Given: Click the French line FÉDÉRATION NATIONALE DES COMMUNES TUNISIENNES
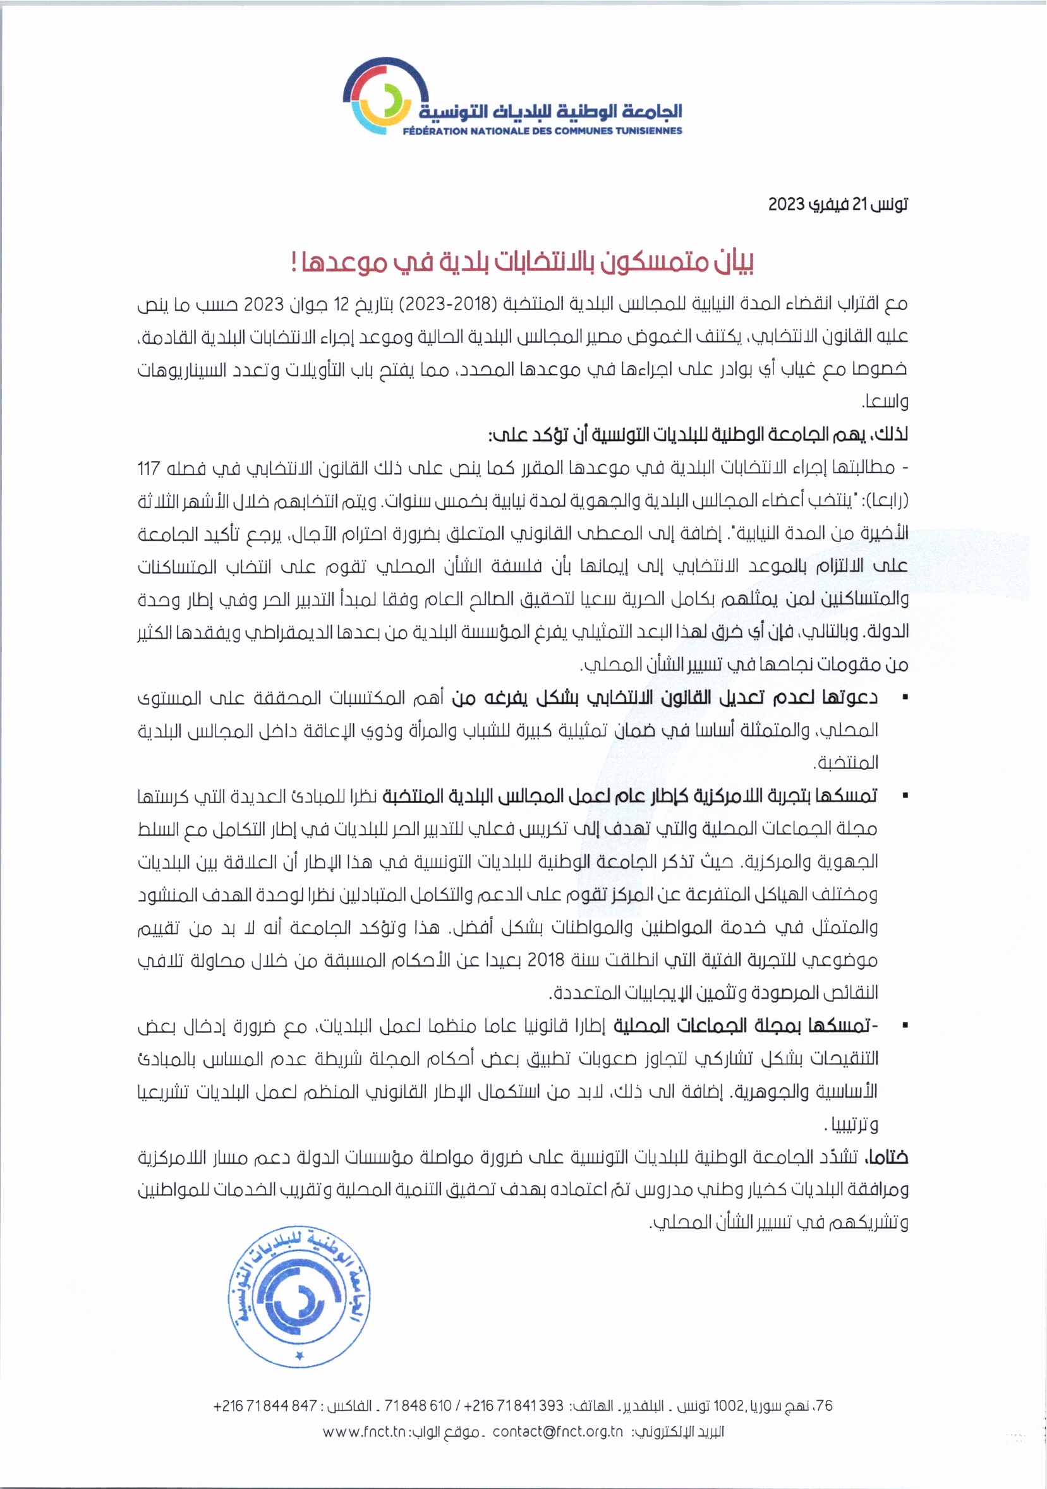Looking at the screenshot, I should pyautogui.click(x=542, y=131).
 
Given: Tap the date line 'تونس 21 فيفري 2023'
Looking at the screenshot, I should pyautogui.click(x=838, y=205).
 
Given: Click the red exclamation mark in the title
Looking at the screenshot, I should pyautogui.click(x=294, y=263).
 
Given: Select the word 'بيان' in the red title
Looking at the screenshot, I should pyautogui.click(x=735, y=262).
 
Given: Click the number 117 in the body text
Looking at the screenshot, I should pyautogui.click(x=148, y=467).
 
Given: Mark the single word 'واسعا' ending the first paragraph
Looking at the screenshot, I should pyautogui.click(x=885, y=402).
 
